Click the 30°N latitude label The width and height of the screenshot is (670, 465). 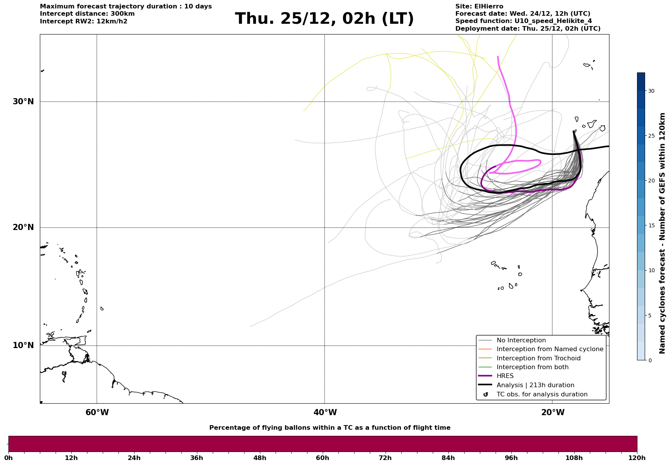point(23,102)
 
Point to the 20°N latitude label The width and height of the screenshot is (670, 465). point(23,227)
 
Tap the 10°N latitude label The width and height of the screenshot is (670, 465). point(23,345)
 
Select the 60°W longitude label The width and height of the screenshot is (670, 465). point(97,412)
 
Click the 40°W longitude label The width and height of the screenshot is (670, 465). point(325,412)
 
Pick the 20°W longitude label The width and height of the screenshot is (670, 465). point(553,412)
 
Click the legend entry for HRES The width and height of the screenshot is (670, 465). point(505,376)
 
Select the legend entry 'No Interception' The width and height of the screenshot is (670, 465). point(521,340)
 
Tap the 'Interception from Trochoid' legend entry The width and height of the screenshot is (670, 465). point(538,358)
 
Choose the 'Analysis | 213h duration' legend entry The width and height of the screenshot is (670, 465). point(535,385)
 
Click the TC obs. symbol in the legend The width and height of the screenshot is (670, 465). point(486,394)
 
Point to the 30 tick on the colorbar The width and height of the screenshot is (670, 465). point(651,91)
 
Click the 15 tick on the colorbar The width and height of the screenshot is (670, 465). point(651,225)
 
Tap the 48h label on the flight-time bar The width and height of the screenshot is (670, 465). point(259,458)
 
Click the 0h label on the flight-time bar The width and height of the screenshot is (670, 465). point(8,458)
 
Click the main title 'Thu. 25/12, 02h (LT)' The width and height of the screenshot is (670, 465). point(324,19)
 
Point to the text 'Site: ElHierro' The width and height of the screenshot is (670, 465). point(479,7)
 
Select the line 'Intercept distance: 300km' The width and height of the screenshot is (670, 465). point(87,14)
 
